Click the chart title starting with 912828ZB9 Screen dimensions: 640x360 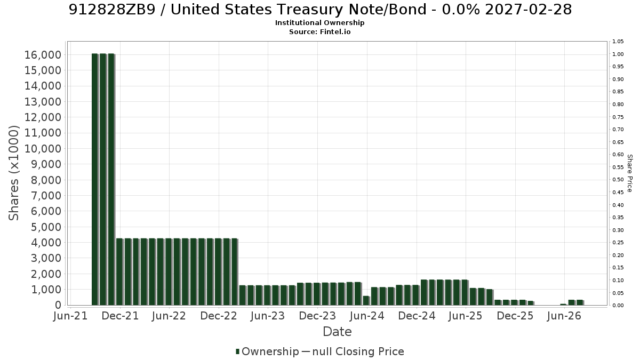tap(320, 10)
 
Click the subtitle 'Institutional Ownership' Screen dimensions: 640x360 tap(319, 23)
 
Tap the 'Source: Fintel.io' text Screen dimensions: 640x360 tap(319, 31)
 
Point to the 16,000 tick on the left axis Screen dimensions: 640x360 tap(43, 55)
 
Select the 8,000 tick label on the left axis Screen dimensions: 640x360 tap(46, 180)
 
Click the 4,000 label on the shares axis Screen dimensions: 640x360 tap(46, 243)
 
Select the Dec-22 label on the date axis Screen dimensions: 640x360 tap(219, 316)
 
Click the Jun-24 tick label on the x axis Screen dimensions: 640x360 tap(367, 316)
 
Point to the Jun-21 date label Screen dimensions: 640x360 tap(70, 316)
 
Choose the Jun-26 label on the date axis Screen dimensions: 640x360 tap(564, 316)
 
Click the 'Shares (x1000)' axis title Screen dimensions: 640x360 tap(14, 173)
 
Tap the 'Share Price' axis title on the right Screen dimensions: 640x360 tap(629, 173)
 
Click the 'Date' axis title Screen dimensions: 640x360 tap(337, 332)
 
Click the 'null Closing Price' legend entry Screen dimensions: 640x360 tap(353, 351)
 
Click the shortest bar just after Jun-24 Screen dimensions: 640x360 tap(366, 301)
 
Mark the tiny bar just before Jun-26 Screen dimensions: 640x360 tap(563, 305)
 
